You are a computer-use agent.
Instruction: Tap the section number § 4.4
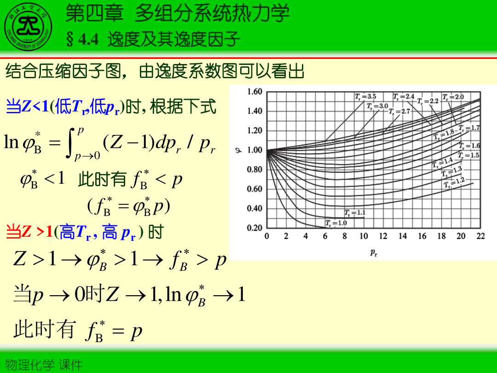[x=82, y=40]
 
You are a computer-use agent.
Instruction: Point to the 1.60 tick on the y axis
[x=254, y=91]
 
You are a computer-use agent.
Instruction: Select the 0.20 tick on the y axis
[x=254, y=228]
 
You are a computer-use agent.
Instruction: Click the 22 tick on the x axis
[x=480, y=236]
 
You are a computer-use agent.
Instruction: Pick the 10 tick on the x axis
[x=364, y=236]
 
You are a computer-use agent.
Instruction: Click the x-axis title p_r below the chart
[x=374, y=252]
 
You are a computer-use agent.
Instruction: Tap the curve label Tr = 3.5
[x=365, y=97]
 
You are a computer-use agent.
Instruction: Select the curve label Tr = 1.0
[x=336, y=223]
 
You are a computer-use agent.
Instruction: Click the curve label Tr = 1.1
[x=355, y=213]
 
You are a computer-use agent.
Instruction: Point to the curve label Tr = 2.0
[x=453, y=97]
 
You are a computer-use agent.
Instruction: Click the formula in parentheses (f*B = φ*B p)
[x=129, y=206]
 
